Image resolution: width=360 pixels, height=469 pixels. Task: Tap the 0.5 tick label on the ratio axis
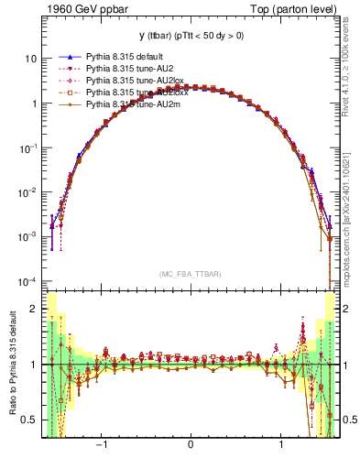(x=29, y=420)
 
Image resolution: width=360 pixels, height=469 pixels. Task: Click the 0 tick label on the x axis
(x=190, y=446)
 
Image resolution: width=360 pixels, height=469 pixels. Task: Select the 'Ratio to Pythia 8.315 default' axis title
(x=12, y=364)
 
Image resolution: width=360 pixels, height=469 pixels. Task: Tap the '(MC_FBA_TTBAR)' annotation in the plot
(x=190, y=274)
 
